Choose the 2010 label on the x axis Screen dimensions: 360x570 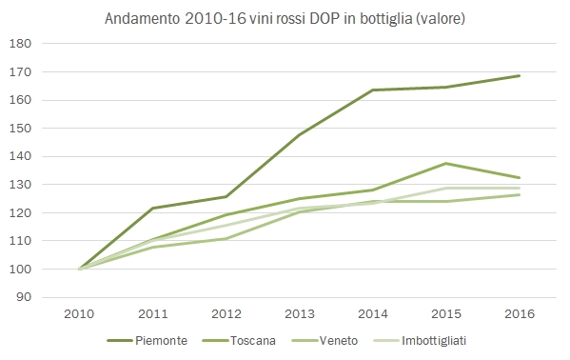(x=80, y=313)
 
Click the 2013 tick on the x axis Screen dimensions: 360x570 (x=300, y=313)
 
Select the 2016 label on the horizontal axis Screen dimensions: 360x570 (x=519, y=313)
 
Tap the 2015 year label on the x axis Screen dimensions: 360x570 (x=445, y=313)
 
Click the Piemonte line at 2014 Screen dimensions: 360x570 (x=373, y=90)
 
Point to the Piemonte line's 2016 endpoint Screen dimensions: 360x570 (x=519, y=75)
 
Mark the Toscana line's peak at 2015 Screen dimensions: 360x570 (x=445, y=164)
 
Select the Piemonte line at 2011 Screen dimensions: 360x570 (x=153, y=208)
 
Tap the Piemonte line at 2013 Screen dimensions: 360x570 (x=300, y=135)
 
